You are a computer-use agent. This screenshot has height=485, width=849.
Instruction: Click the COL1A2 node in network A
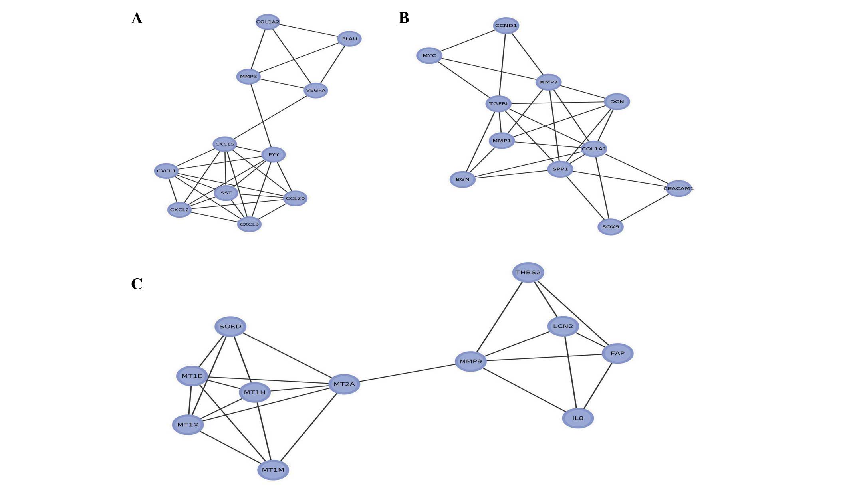point(268,22)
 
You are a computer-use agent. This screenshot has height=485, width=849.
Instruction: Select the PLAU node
point(349,39)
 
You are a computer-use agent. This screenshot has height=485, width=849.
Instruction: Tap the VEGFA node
point(316,91)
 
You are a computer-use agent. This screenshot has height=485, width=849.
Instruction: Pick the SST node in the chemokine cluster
point(226,193)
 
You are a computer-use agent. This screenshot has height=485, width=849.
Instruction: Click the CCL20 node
point(296,198)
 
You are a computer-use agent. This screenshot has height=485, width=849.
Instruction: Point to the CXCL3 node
point(249,224)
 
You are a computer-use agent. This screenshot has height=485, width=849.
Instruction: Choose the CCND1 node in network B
point(506,26)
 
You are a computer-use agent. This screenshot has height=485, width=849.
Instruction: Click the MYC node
point(429,55)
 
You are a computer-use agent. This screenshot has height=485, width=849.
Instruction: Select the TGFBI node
point(498,104)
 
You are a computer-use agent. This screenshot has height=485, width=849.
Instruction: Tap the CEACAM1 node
point(678,188)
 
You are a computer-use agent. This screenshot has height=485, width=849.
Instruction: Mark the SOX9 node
point(611,227)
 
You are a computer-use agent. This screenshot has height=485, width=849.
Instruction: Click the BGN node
point(463,180)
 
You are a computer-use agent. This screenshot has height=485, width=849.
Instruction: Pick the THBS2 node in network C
point(528,273)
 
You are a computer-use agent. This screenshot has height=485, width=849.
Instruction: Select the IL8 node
point(578,418)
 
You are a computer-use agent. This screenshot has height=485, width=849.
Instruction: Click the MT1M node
point(273,470)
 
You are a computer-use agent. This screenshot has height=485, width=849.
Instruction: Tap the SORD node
point(230,327)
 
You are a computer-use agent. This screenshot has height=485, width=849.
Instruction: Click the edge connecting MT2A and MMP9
point(407,373)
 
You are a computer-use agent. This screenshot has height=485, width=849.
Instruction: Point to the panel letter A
point(137,18)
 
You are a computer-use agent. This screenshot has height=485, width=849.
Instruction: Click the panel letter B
point(404,18)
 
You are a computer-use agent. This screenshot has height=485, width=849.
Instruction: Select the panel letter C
point(137,284)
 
